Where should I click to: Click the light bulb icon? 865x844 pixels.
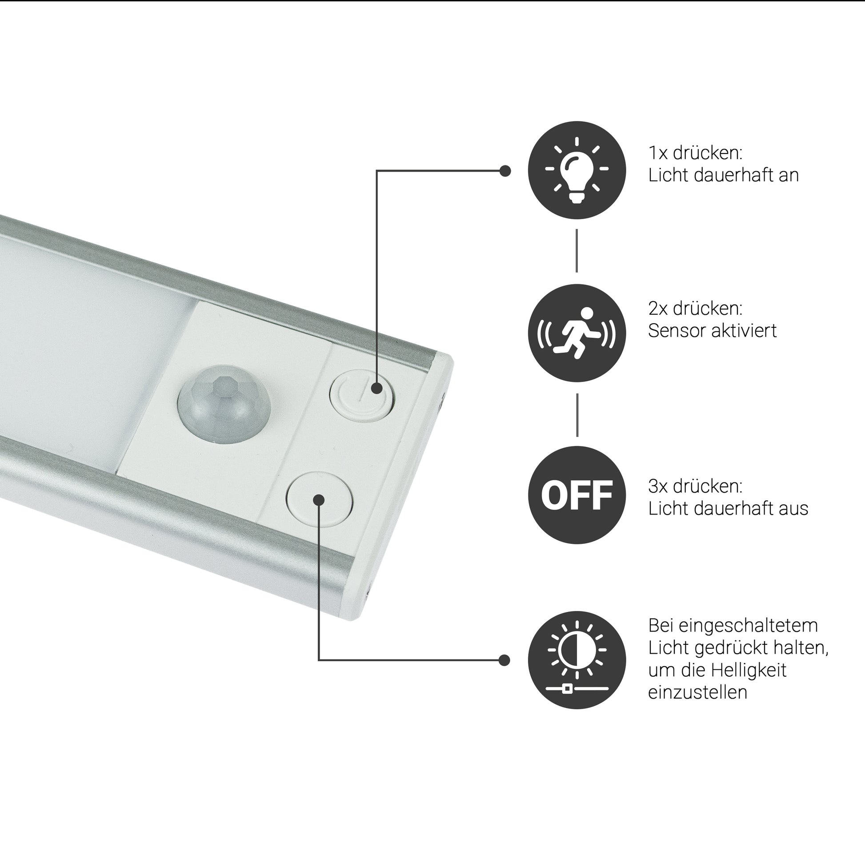[x=577, y=170]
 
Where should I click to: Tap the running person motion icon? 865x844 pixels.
[x=577, y=333]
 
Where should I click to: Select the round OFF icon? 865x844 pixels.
[x=577, y=495]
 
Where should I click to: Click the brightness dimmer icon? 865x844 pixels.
[x=577, y=660]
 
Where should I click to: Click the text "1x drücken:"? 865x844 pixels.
[x=696, y=153]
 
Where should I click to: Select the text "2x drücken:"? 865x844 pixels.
[x=696, y=309]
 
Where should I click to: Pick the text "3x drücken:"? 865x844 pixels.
[x=696, y=486]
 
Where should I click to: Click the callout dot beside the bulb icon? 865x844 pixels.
[x=505, y=171]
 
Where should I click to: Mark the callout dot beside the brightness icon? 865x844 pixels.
[x=504, y=660]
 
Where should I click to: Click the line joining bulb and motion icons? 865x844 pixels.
[x=577, y=251]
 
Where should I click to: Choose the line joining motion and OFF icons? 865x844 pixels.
[x=577, y=414]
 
